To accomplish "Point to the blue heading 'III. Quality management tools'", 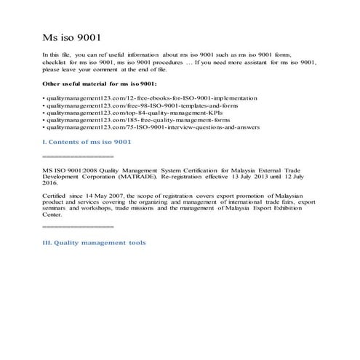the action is coord(95,242).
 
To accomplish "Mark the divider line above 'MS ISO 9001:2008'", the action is coord(78,156).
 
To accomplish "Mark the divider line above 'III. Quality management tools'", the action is coord(78,228).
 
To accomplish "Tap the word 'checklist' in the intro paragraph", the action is coord(57,63).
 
